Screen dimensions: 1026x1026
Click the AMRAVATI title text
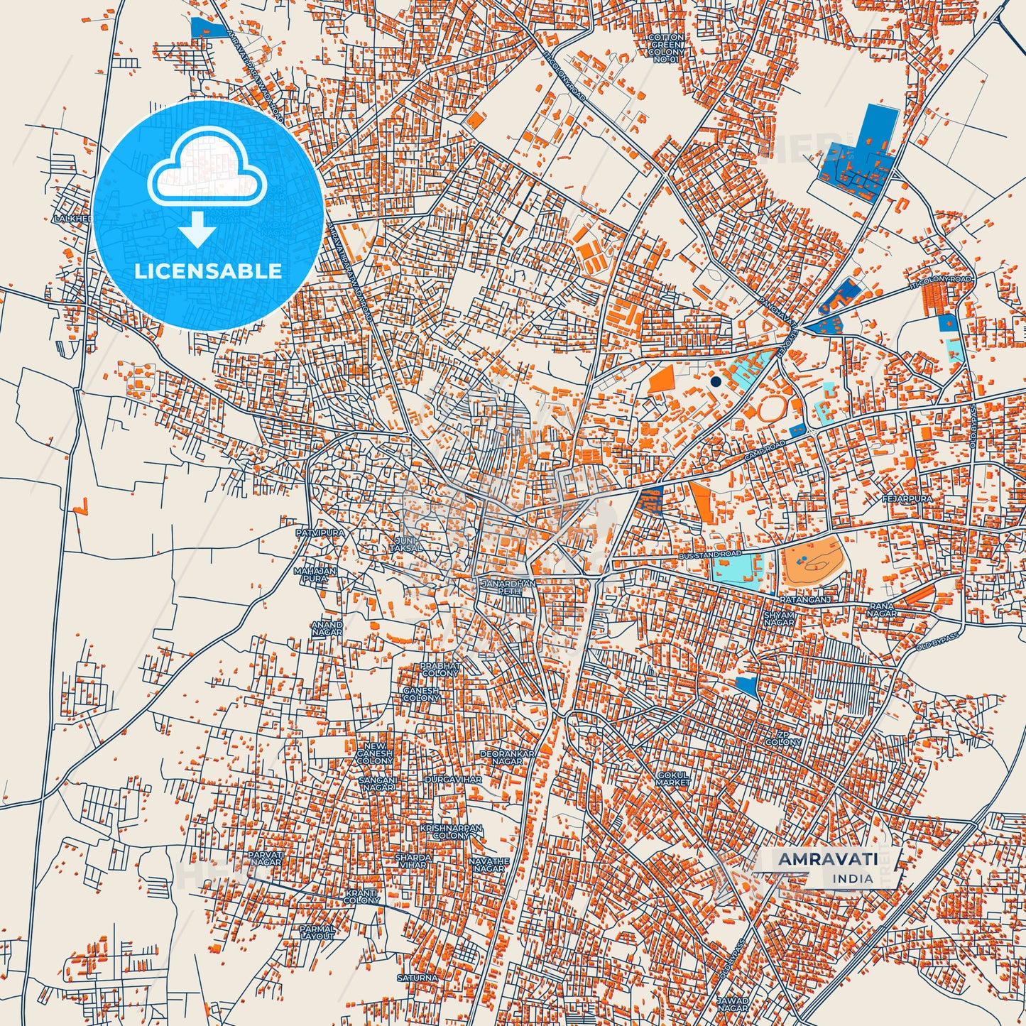[x=828, y=859]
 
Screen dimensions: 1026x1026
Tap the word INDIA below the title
[x=853, y=878]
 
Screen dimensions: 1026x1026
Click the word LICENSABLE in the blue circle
[x=208, y=271]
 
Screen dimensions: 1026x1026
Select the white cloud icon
[x=207, y=169]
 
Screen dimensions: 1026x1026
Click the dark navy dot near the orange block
[x=716, y=381]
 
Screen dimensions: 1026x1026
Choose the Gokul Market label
[x=673, y=778]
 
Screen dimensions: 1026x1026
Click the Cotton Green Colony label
[x=667, y=48]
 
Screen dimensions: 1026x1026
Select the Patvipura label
[x=320, y=533]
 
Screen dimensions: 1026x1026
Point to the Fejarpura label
[x=907, y=499]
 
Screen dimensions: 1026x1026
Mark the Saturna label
[x=418, y=978]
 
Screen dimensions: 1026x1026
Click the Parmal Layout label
[x=317, y=932]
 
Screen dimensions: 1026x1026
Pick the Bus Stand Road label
[x=709, y=554]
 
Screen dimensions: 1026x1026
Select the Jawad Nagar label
[x=732, y=1005]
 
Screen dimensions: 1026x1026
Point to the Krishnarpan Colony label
[x=451, y=832]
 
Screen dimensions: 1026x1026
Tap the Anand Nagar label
[x=327, y=628]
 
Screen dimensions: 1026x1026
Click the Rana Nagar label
[x=881, y=610]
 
